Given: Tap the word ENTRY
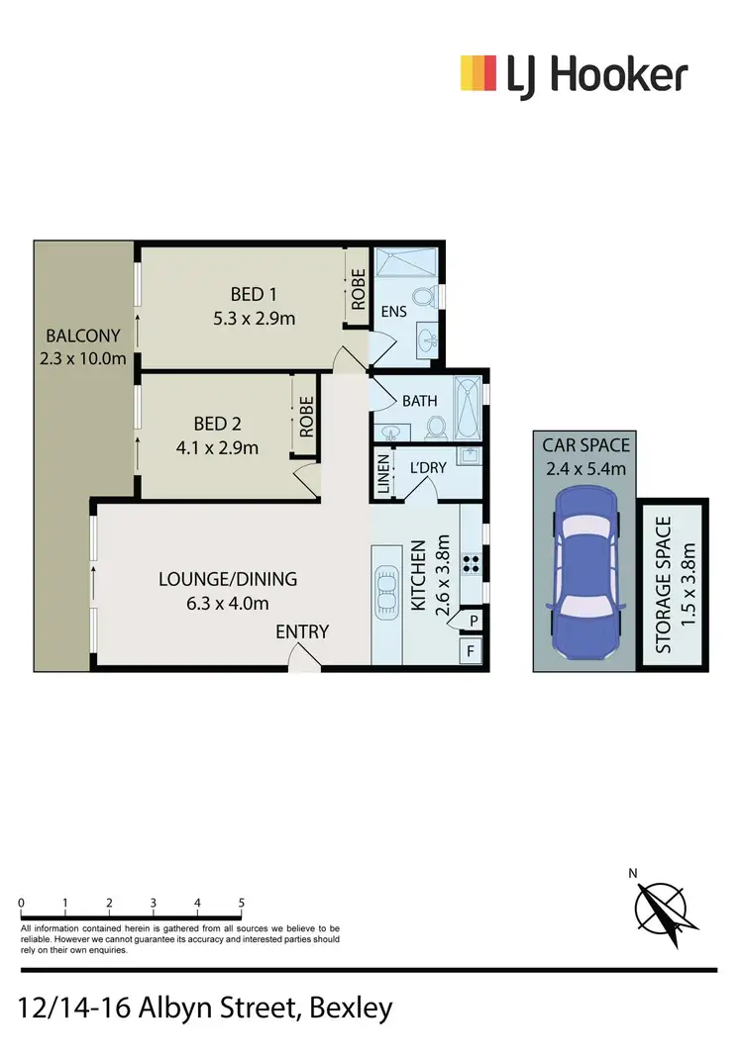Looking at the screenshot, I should click(302, 631).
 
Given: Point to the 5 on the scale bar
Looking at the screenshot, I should click(242, 904).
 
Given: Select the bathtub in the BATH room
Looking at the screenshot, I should click(466, 407).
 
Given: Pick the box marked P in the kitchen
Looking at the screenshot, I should click(474, 621).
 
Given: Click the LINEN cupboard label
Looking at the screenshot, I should click(382, 474).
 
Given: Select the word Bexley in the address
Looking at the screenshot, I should click(351, 1009).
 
